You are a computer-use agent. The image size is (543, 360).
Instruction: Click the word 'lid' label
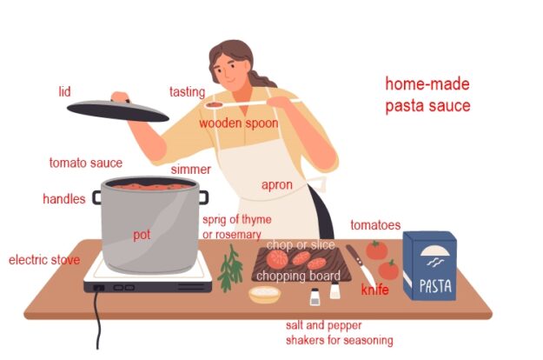tap(64, 91)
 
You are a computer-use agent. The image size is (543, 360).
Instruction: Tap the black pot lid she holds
tap(117, 110)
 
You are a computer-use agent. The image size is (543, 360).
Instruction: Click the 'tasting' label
tap(187, 92)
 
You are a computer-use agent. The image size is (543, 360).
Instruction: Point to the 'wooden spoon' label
tap(239, 123)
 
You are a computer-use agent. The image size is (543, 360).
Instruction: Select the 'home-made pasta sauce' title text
tap(427, 96)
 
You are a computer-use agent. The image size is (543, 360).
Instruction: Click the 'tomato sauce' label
tap(85, 163)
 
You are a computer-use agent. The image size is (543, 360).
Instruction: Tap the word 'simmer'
tap(190, 170)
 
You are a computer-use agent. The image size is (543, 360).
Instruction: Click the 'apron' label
tap(277, 185)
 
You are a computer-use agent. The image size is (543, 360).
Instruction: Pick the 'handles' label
tap(64, 199)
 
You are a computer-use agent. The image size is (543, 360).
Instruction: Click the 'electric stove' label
tap(44, 260)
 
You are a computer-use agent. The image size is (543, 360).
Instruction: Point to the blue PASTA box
tap(429, 266)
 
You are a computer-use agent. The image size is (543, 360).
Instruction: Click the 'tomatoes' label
tap(375, 225)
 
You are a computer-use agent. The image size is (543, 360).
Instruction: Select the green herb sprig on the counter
tap(230, 268)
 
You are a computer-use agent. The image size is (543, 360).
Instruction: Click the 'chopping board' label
tap(298, 277)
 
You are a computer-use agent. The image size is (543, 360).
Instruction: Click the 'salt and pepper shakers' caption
tap(339, 332)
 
